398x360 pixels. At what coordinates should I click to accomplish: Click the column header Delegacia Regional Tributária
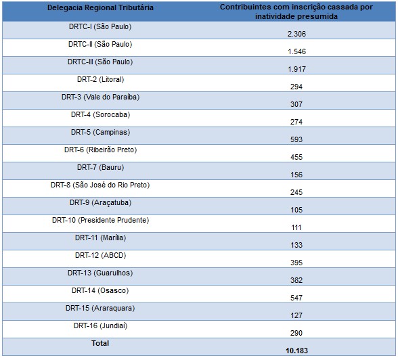[x=100, y=7]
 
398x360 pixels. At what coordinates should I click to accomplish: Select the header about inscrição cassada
[x=296, y=12]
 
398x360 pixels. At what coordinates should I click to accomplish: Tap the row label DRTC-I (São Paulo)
[x=100, y=26]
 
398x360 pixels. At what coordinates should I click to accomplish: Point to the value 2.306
[x=296, y=34]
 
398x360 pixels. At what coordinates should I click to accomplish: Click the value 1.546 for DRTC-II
[x=296, y=51]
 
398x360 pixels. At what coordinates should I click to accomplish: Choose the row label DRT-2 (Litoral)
[x=100, y=79]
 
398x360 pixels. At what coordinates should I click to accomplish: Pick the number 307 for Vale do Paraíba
[x=296, y=104]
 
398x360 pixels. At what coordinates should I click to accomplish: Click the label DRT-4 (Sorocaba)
[x=100, y=114]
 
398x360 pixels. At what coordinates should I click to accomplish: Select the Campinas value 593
[x=296, y=139]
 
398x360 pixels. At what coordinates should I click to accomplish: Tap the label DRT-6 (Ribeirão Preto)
[x=100, y=150]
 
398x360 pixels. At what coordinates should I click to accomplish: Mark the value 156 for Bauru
[x=296, y=175]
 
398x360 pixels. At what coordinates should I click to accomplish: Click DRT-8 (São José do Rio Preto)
[x=100, y=185]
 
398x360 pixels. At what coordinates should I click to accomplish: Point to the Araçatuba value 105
[x=296, y=210]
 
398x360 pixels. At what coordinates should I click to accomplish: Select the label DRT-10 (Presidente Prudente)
[x=100, y=220]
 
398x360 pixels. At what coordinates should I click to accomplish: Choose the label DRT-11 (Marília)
[x=100, y=238]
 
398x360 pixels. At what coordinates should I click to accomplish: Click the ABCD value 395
[x=296, y=263]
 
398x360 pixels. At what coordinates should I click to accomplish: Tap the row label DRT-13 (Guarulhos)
[x=100, y=273]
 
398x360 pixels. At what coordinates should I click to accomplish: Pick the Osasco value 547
[x=296, y=298]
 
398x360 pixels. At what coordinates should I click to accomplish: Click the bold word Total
[x=100, y=343]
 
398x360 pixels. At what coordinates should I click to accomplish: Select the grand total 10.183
[x=296, y=351]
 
